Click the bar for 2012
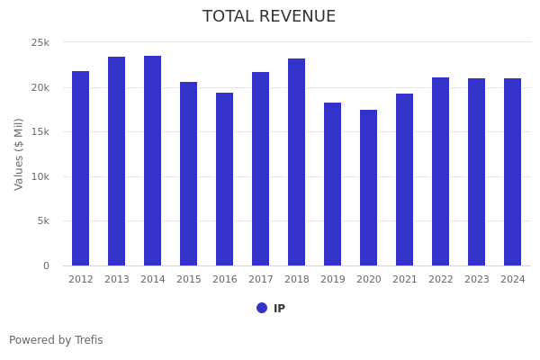[x=81, y=168]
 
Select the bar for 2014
[x=153, y=161]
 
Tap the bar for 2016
[x=225, y=179]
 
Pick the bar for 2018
[x=297, y=162]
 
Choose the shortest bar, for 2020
[x=369, y=188]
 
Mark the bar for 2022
[x=441, y=172]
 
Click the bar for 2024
[x=513, y=172]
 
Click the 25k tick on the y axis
[x=40, y=43]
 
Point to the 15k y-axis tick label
[x=40, y=132]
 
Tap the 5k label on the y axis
[x=42, y=221]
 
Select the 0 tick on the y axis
[x=46, y=265]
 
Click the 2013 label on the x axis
[x=117, y=280]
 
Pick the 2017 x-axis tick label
[x=261, y=280]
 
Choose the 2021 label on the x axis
[x=405, y=280]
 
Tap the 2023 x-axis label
[x=477, y=280]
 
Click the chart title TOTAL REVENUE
[x=269, y=17]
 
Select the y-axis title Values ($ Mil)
[x=19, y=154]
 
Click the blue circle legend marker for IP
[x=262, y=308]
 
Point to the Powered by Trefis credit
[x=56, y=340]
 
